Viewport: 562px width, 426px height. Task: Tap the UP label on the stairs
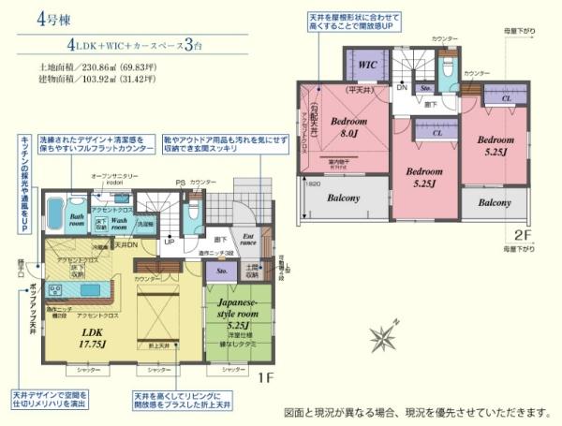(x=170, y=242)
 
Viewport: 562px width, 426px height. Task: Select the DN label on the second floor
(x=401, y=87)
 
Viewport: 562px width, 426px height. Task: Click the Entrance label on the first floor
(x=248, y=240)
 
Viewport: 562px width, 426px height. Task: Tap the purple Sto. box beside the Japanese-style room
(x=222, y=272)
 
